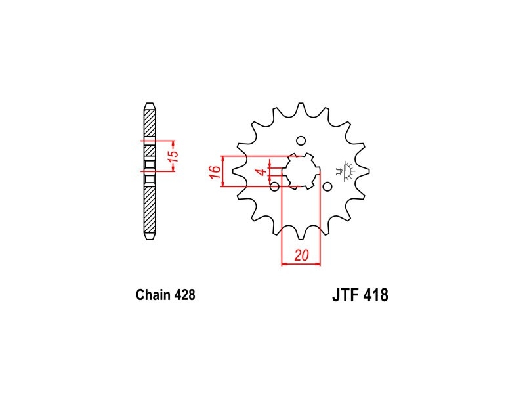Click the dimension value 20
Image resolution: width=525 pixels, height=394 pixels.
click(301, 255)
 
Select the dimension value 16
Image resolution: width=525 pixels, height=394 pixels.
click(216, 172)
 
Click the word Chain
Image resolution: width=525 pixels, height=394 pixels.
click(153, 295)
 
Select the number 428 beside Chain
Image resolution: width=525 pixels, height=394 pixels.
click(184, 295)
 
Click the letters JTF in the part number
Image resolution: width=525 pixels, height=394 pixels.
click(346, 295)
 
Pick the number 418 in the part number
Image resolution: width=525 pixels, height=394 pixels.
click(376, 295)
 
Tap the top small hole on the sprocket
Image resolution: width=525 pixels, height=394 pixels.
click(301, 141)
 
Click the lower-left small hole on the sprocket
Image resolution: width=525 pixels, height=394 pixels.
click(274, 186)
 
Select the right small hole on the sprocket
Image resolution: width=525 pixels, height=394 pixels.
click(327, 186)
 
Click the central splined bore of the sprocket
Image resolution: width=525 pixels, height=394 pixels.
click(301, 171)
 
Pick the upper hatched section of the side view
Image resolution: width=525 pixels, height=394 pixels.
click(150, 123)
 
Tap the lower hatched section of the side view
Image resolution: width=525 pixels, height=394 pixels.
click(150, 209)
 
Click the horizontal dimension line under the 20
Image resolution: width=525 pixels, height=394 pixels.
click(301, 265)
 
